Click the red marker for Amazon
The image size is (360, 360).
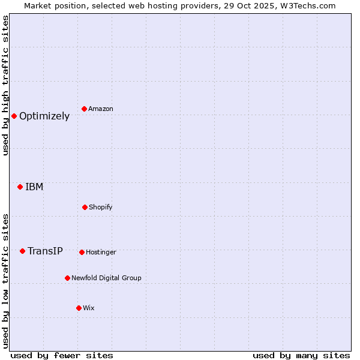coord(85,109)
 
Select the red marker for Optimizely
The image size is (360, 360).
coord(14,116)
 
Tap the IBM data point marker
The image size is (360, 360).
coord(20,187)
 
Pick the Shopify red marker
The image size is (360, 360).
coord(85,207)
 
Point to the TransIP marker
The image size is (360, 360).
coord(22,251)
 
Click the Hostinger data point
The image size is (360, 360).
coord(82,252)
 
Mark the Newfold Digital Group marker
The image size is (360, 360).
coord(67,278)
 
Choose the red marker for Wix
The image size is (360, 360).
coord(79,308)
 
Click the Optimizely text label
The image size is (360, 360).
coord(44,116)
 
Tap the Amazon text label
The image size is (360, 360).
coord(101,109)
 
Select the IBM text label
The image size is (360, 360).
coord(34,187)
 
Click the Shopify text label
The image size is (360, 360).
coord(101,207)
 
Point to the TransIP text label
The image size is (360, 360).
coord(45,251)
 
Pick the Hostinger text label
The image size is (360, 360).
coord(101,252)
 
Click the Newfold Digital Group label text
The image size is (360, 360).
coord(106,278)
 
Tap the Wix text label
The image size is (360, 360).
coord(89,308)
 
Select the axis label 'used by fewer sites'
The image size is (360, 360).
coord(62,355)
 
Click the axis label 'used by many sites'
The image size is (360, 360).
coord(301,355)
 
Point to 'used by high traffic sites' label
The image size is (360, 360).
coord(5,85)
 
